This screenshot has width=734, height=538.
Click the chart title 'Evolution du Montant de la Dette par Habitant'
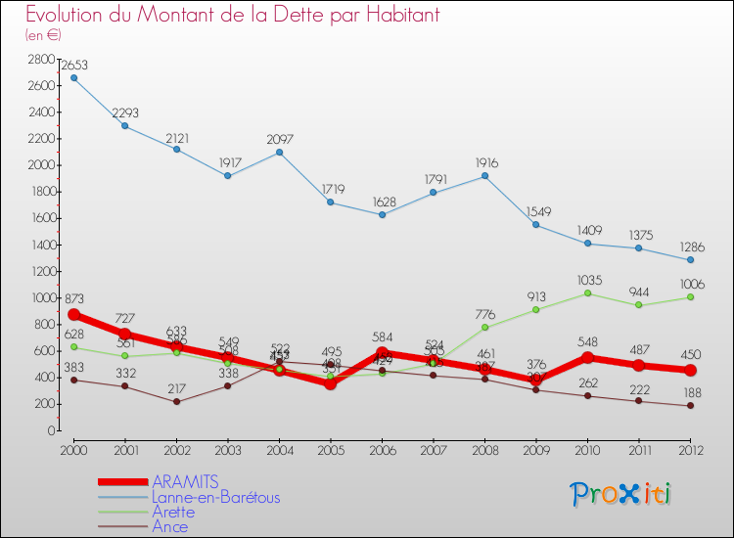tap(232, 15)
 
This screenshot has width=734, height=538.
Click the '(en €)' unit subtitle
tap(43, 35)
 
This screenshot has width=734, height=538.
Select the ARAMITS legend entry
tap(185, 481)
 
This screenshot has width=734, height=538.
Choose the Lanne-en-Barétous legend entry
tap(215, 497)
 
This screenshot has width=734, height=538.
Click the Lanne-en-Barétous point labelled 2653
tap(73, 78)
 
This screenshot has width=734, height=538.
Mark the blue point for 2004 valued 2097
tap(280, 152)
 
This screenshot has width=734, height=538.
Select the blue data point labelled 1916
tap(485, 176)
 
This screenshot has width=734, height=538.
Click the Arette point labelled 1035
tap(588, 293)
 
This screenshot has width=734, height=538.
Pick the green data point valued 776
tap(485, 328)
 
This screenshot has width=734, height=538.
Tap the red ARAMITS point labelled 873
tap(73, 315)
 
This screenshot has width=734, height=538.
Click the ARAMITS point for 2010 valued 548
tap(588, 358)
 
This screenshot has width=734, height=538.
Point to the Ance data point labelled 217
tap(177, 401)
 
